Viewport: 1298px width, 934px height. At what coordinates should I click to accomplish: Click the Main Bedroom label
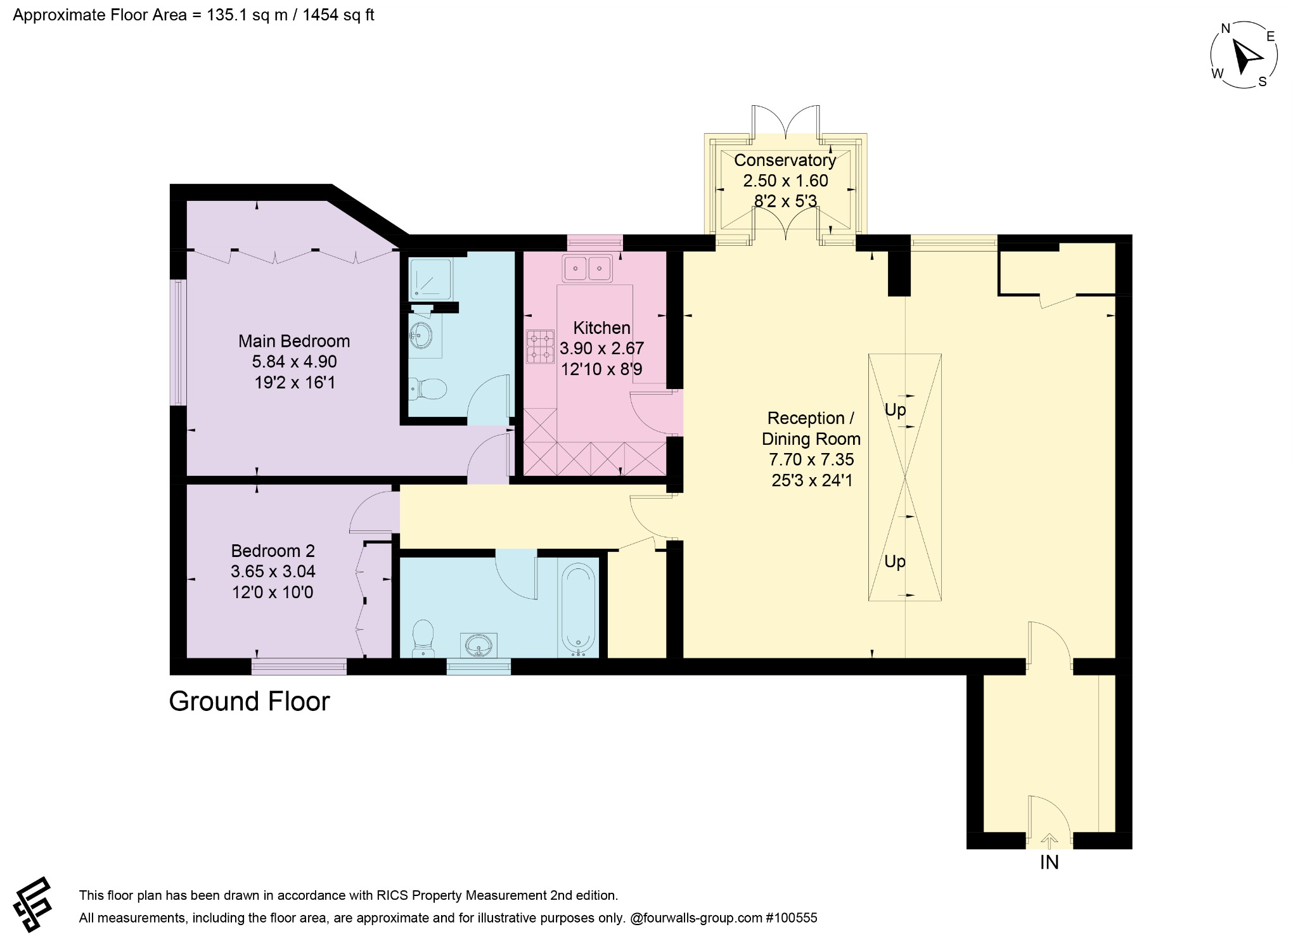[x=294, y=341]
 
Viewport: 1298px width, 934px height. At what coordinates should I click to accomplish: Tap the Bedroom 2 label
[x=273, y=551]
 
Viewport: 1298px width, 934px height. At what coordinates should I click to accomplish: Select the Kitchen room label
[x=601, y=328]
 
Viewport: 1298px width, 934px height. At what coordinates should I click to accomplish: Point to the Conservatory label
[x=785, y=160]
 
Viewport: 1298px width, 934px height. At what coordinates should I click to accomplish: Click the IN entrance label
[x=1049, y=862]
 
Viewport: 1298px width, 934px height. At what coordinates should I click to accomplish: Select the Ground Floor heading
[x=250, y=701]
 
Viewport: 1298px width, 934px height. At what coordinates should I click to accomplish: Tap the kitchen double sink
[x=588, y=269]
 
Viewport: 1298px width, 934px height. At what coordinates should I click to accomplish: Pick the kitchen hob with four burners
[x=540, y=347]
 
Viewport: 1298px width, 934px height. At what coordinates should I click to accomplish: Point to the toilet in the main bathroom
[x=423, y=637]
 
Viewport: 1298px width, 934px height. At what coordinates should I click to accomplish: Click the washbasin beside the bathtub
[x=479, y=646]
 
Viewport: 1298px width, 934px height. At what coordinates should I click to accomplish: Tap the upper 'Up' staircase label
[x=895, y=410]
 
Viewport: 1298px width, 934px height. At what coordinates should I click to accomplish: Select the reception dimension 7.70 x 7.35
[x=811, y=459]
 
